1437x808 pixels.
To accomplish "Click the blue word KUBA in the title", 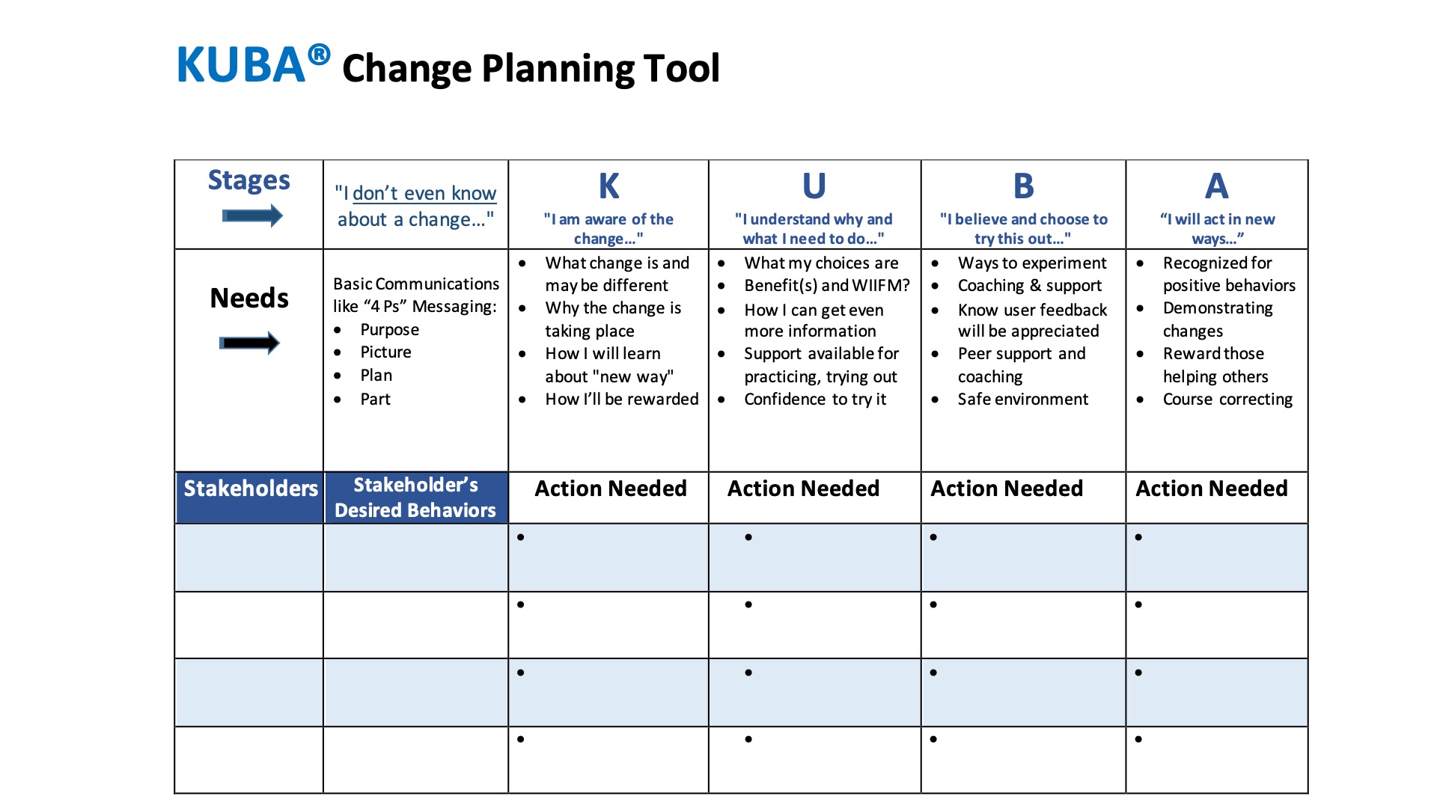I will click(240, 65).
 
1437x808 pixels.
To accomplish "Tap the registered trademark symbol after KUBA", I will click(319, 54).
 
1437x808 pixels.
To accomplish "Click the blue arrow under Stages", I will click(252, 216).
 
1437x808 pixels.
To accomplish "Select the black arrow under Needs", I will click(249, 343).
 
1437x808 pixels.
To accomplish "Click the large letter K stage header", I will click(608, 186).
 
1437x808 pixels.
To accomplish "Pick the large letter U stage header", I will click(814, 186).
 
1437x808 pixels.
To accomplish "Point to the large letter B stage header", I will click(1023, 186).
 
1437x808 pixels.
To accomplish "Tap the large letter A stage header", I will click(1216, 186).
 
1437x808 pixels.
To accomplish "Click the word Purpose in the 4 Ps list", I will click(389, 330).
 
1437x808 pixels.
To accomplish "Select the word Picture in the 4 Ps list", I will click(385, 352).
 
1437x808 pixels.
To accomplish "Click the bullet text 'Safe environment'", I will click(1022, 400).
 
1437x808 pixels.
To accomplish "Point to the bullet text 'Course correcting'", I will click(1227, 400).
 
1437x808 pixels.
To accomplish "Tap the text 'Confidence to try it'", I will click(815, 400).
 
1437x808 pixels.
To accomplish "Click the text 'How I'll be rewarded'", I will click(621, 400).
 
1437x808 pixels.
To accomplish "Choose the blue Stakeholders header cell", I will click(250, 489).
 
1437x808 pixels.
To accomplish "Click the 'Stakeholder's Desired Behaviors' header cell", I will click(415, 498).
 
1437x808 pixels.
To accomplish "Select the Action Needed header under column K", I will click(610, 489).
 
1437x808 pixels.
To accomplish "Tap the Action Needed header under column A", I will click(1212, 489).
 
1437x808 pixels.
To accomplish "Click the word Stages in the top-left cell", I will click(248, 180).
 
